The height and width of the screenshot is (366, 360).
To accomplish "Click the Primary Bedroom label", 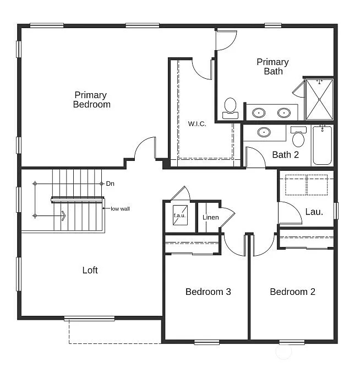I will tap(91, 100).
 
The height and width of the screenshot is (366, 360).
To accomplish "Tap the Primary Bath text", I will tap(272, 66).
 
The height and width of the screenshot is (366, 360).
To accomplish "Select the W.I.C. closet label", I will tap(197, 123).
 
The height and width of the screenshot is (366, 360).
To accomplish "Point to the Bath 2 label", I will tap(285, 154).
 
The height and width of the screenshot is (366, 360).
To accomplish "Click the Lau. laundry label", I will tap(314, 211).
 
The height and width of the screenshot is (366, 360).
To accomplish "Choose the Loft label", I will tap(90, 270).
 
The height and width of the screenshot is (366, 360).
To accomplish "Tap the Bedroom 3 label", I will tap(208, 292).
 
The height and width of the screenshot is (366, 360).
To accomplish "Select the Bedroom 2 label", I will tap(292, 292).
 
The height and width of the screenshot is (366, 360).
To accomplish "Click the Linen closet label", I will tap(210, 217).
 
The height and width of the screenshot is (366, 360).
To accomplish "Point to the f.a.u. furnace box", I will tap(180, 216).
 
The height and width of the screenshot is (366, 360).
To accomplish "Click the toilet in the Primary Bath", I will tap(230, 107).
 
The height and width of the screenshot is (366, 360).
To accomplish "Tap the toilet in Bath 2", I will tap(298, 136).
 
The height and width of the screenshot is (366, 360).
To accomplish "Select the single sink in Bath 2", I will tap(264, 132).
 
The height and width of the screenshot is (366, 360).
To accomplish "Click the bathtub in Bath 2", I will tap(322, 146).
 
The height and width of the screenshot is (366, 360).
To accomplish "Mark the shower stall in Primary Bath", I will tap(319, 99).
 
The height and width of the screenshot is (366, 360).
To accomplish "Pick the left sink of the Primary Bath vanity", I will tap(258, 113).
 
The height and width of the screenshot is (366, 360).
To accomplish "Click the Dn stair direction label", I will tap(110, 183).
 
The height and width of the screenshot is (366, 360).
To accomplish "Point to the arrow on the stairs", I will tap(62, 216).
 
